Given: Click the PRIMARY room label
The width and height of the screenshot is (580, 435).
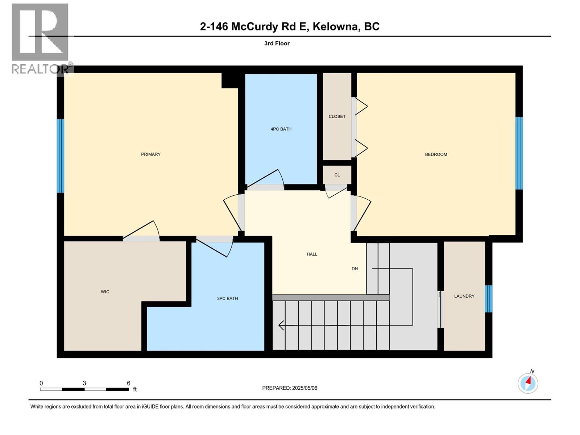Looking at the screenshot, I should [x=150, y=154].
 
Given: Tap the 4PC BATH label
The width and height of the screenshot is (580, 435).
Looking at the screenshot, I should [x=281, y=129].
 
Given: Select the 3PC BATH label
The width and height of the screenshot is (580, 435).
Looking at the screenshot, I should [x=227, y=299].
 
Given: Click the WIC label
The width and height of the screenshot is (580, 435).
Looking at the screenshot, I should [x=105, y=292].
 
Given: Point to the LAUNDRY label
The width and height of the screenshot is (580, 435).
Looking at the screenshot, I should [x=464, y=296].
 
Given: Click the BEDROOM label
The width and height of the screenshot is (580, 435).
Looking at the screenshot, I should [x=436, y=154].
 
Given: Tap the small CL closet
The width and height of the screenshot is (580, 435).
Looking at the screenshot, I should [x=337, y=175].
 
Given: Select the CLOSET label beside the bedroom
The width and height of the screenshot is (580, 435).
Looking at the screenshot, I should [x=337, y=117].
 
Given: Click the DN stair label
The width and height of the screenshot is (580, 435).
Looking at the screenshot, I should [x=355, y=269].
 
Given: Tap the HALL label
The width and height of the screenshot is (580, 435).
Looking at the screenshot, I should [x=312, y=254].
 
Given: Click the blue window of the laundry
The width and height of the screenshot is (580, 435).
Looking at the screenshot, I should [x=489, y=299].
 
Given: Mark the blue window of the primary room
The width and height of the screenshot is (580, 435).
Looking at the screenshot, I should [x=61, y=156].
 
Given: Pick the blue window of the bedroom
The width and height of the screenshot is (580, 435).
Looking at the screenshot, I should [x=519, y=153].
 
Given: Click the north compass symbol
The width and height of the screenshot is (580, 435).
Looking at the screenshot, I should [x=528, y=383].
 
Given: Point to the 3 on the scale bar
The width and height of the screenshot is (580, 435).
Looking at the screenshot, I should [x=84, y=383].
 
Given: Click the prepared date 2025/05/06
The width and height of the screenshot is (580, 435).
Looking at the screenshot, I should [x=304, y=388].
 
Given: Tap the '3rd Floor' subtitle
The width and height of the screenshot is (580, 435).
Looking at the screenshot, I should [x=277, y=43].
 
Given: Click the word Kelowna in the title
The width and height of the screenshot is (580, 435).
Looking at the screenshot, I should [x=334, y=26].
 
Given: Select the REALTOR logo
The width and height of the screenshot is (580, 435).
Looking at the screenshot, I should [x=41, y=38].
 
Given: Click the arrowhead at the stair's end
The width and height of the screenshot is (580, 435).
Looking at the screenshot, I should [x=281, y=326].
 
